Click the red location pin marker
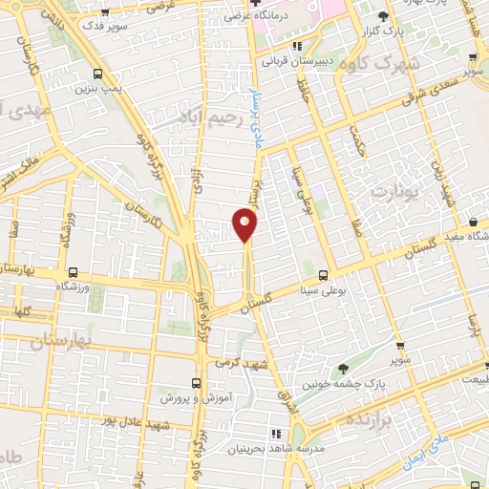point(245,225)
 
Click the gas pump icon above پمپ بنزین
point(99,74)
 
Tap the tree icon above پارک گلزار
point(383,17)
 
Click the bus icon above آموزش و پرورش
point(196,382)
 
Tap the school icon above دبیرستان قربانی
point(297,45)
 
